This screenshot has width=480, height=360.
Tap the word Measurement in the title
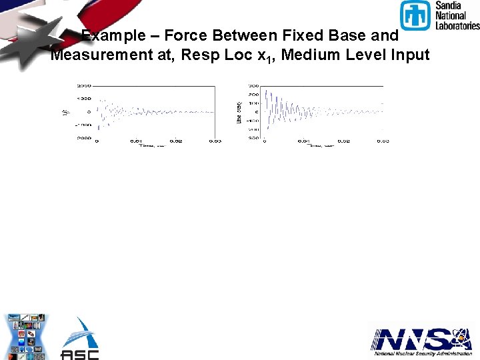(100, 55)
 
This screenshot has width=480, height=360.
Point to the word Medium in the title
(308, 55)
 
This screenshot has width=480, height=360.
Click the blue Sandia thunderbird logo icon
(415, 15)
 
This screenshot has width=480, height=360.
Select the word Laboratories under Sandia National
(457, 25)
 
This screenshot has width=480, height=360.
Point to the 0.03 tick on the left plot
(215, 141)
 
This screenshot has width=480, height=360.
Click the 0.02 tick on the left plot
(175, 141)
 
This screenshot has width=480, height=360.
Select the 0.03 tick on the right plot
(383, 141)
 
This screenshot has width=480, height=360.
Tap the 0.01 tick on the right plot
(303, 141)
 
